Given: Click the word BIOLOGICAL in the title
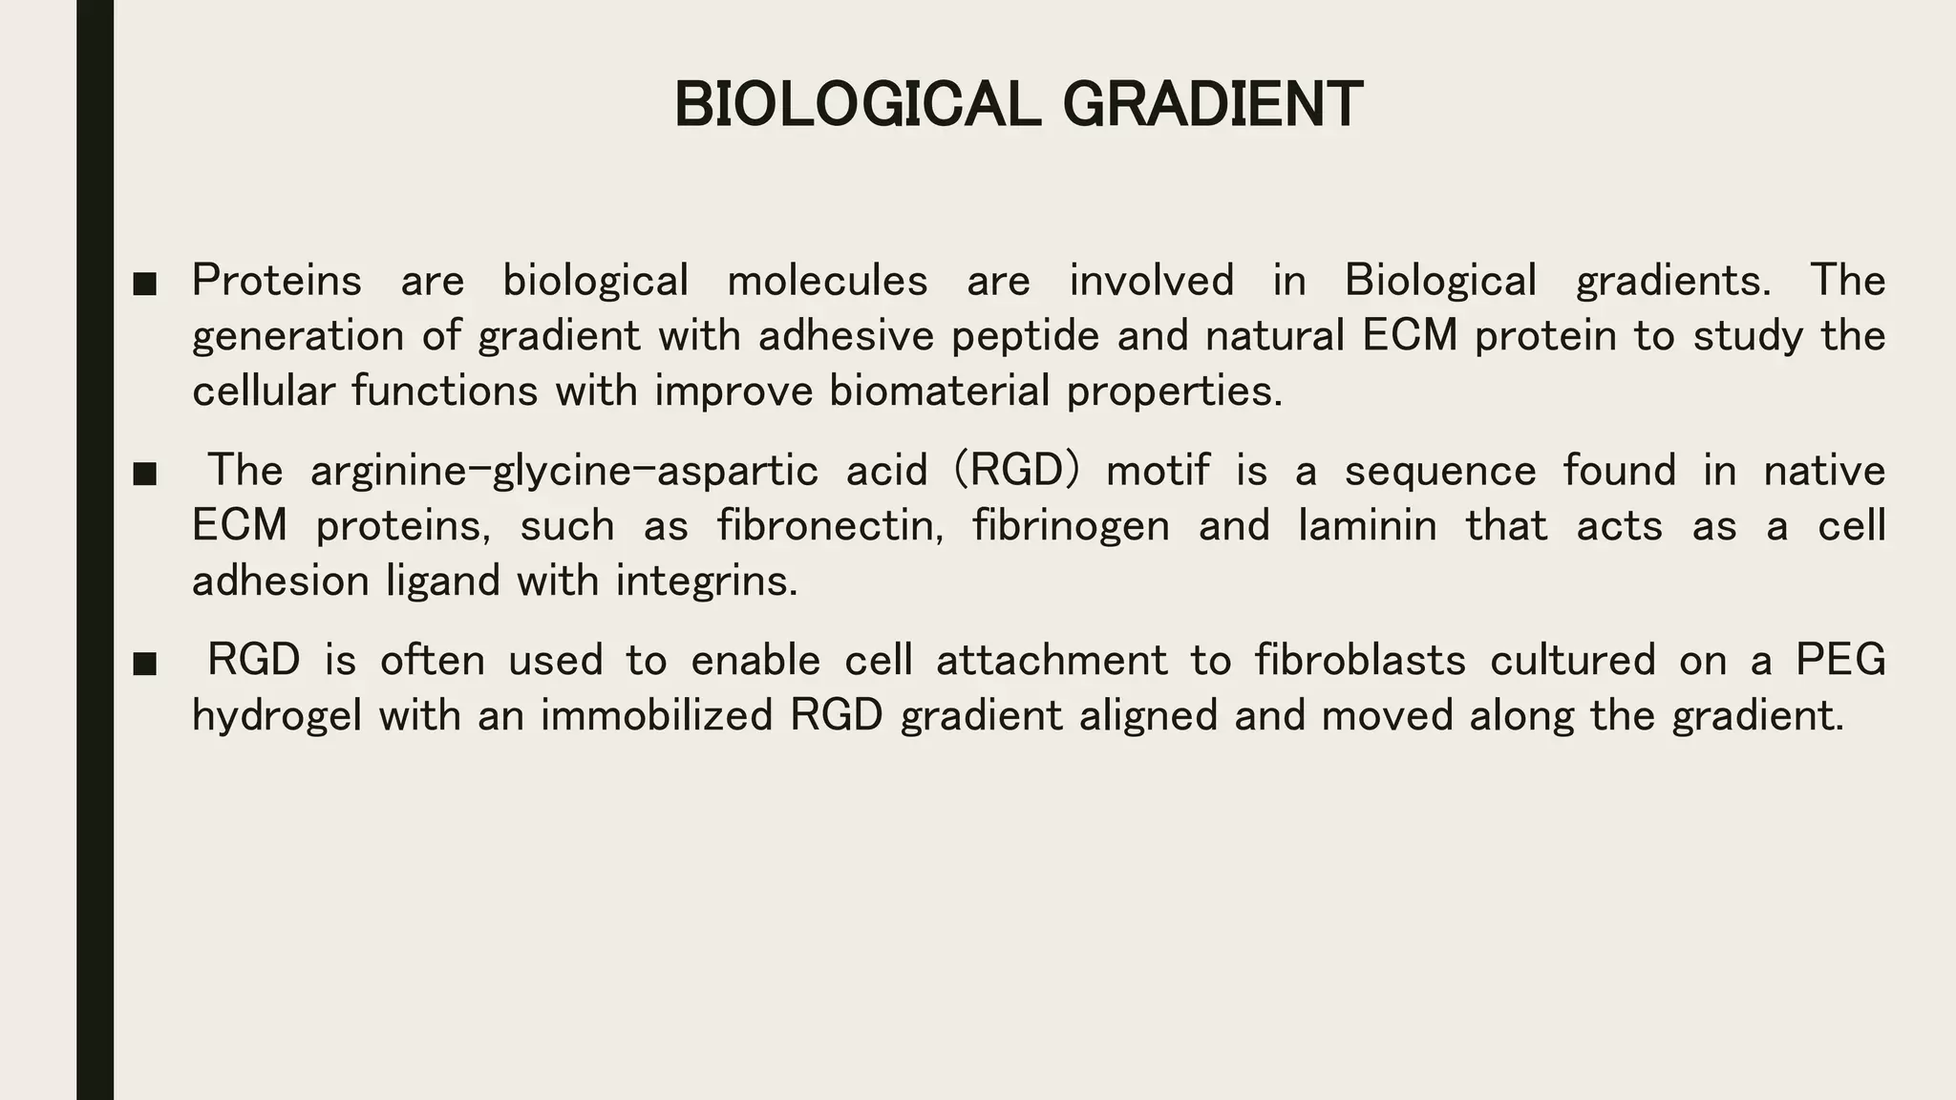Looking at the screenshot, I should point(857,104).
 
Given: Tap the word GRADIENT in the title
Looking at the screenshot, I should point(1212,104).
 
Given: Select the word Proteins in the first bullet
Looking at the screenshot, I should point(277,281).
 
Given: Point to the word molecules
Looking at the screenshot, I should point(827,281).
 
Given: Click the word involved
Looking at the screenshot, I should point(1151,281).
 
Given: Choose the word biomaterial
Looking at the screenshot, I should point(939,391).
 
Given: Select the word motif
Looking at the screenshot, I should point(1157,471).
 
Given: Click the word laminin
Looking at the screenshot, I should point(1367,526).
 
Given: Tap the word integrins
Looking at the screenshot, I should point(706,582).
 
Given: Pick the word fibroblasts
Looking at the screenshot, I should point(1360,661).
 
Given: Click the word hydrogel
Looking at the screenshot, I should point(277,716).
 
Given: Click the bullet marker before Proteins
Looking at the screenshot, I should point(144,284).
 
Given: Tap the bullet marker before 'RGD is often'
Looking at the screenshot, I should point(144,664).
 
